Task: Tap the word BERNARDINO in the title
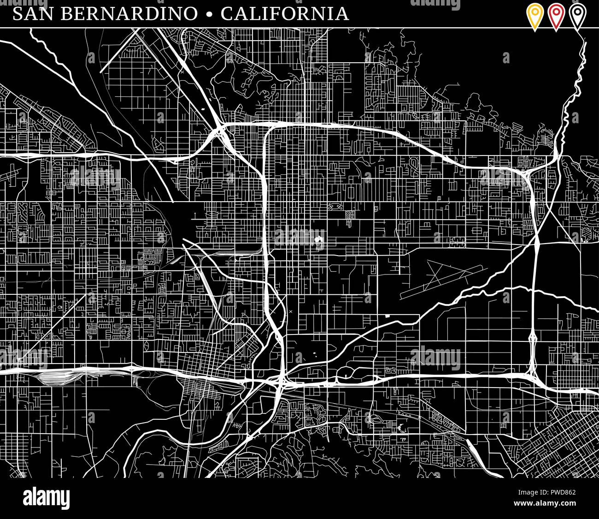(x=128, y=13)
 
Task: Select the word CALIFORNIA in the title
(x=285, y=13)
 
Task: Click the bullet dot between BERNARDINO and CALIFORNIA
(x=210, y=14)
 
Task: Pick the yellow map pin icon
(x=534, y=16)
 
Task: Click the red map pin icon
(x=556, y=16)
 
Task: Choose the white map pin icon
(x=577, y=16)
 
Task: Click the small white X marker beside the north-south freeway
(x=290, y=312)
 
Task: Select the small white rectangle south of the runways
(x=387, y=316)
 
